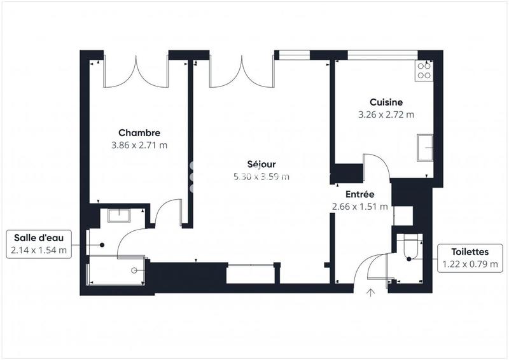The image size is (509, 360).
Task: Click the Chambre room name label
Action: tap(139, 133)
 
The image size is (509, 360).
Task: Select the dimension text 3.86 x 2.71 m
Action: tap(139, 145)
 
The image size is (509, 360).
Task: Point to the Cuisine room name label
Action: tap(386, 102)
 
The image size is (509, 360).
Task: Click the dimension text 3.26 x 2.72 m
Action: tap(386, 115)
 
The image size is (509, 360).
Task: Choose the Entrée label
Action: tap(359, 194)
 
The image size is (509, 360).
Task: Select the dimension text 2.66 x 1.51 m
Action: tap(359, 206)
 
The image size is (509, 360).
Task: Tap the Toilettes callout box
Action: tap(470, 258)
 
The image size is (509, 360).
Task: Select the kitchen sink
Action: tap(425, 148)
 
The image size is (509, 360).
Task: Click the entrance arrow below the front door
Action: tap(371, 292)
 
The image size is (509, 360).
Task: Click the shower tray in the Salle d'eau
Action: tap(118, 271)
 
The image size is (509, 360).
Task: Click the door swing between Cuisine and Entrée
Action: tap(377, 166)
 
